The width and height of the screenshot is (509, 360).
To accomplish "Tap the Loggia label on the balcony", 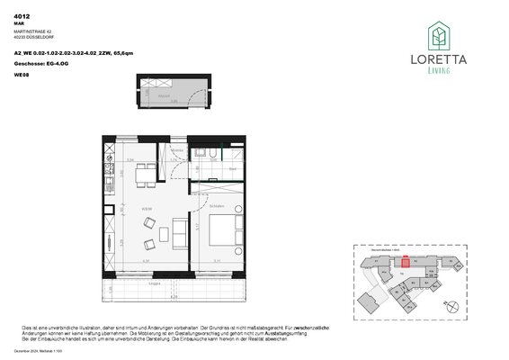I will point(156,283).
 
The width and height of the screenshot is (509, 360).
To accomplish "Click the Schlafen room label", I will point(216,206).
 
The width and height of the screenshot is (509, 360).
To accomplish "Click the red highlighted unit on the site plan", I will point(406,262).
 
